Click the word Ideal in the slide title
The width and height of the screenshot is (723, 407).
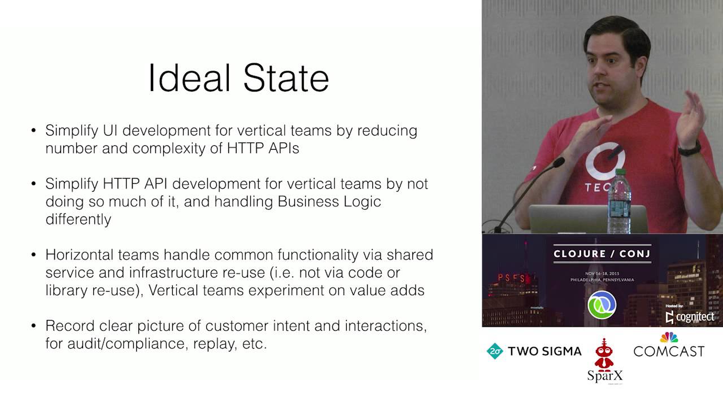click(x=189, y=78)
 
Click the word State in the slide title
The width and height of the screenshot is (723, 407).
click(x=286, y=78)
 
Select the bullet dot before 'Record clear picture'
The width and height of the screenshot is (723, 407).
click(x=33, y=326)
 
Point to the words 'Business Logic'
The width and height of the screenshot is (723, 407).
click(x=329, y=202)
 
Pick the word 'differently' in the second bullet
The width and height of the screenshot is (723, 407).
click(x=79, y=219)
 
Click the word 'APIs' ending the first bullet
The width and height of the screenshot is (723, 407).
click(x=284, y=149)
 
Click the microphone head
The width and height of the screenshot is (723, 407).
click(x=559, y=162)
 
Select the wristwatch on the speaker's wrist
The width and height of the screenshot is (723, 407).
click(x=690, y=149)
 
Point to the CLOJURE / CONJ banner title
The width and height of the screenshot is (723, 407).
click(x=602, y=254)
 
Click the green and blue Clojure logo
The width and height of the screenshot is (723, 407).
click(x=602, y=305)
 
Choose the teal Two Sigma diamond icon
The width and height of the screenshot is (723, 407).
click(x=495, y=351)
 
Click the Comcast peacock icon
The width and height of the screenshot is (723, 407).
click(x=669, y=337)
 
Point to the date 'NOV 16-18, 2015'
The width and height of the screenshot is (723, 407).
click(x=602, y=274)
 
